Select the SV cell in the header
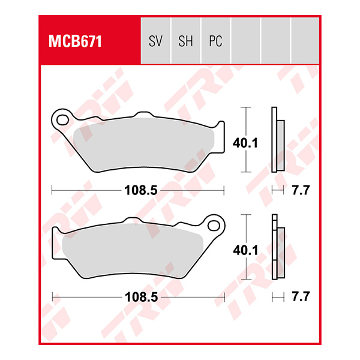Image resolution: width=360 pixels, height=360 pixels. point(155,41)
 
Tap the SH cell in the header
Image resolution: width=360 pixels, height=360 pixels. point(185,41)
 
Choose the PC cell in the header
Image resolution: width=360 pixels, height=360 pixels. point(215,41)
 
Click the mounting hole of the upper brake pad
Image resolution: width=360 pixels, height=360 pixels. point(61,118)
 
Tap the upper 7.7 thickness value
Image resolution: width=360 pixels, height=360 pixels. point(299,191)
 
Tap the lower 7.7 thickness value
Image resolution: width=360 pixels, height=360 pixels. point(299,296)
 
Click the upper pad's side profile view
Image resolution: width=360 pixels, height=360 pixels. point(277,139)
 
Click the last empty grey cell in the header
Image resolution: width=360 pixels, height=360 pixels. point(305,41)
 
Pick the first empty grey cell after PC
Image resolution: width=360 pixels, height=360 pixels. point(245,41)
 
